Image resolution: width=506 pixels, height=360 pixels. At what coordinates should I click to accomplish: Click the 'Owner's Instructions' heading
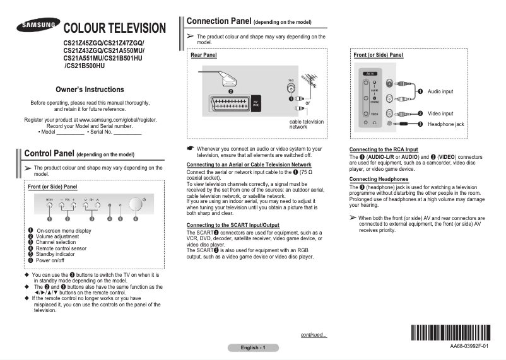90,90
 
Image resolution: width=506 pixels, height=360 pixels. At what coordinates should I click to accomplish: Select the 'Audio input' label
440,92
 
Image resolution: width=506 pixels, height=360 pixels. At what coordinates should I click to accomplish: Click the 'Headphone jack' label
445,125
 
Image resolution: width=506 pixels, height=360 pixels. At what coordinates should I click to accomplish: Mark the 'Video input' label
440,113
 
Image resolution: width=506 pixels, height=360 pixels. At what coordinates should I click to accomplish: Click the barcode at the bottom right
450,332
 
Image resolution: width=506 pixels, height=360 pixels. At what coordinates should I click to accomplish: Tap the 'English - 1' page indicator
253,348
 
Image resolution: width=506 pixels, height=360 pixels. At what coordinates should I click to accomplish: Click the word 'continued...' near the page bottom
314,335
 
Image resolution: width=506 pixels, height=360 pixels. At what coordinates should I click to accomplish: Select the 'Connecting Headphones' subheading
379,179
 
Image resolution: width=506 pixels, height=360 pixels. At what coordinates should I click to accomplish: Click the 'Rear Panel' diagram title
204,55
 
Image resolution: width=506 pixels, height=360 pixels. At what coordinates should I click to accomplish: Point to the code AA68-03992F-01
469,347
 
